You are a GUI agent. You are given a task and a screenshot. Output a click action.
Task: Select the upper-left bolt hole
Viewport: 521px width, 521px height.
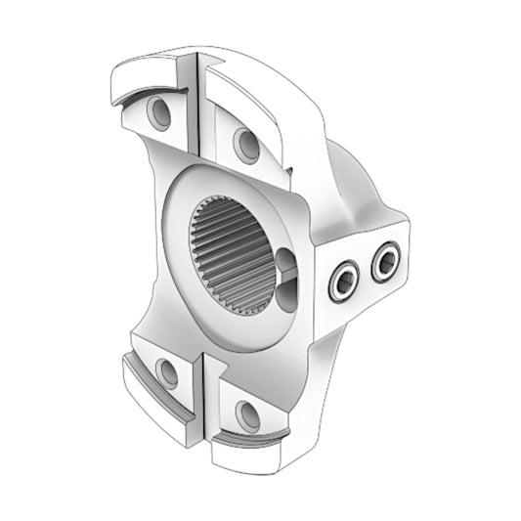point(159,113)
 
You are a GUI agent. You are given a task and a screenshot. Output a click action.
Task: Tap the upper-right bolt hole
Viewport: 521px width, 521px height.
point(246,146)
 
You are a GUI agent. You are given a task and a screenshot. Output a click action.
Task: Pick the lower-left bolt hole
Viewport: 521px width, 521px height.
point(167,372)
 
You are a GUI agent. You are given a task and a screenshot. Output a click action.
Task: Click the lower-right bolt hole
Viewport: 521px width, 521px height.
point(248,415)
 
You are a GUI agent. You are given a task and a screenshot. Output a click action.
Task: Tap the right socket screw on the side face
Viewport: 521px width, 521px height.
point(385,261)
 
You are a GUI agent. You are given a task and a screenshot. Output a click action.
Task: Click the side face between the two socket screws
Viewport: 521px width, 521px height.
point(364,273)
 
